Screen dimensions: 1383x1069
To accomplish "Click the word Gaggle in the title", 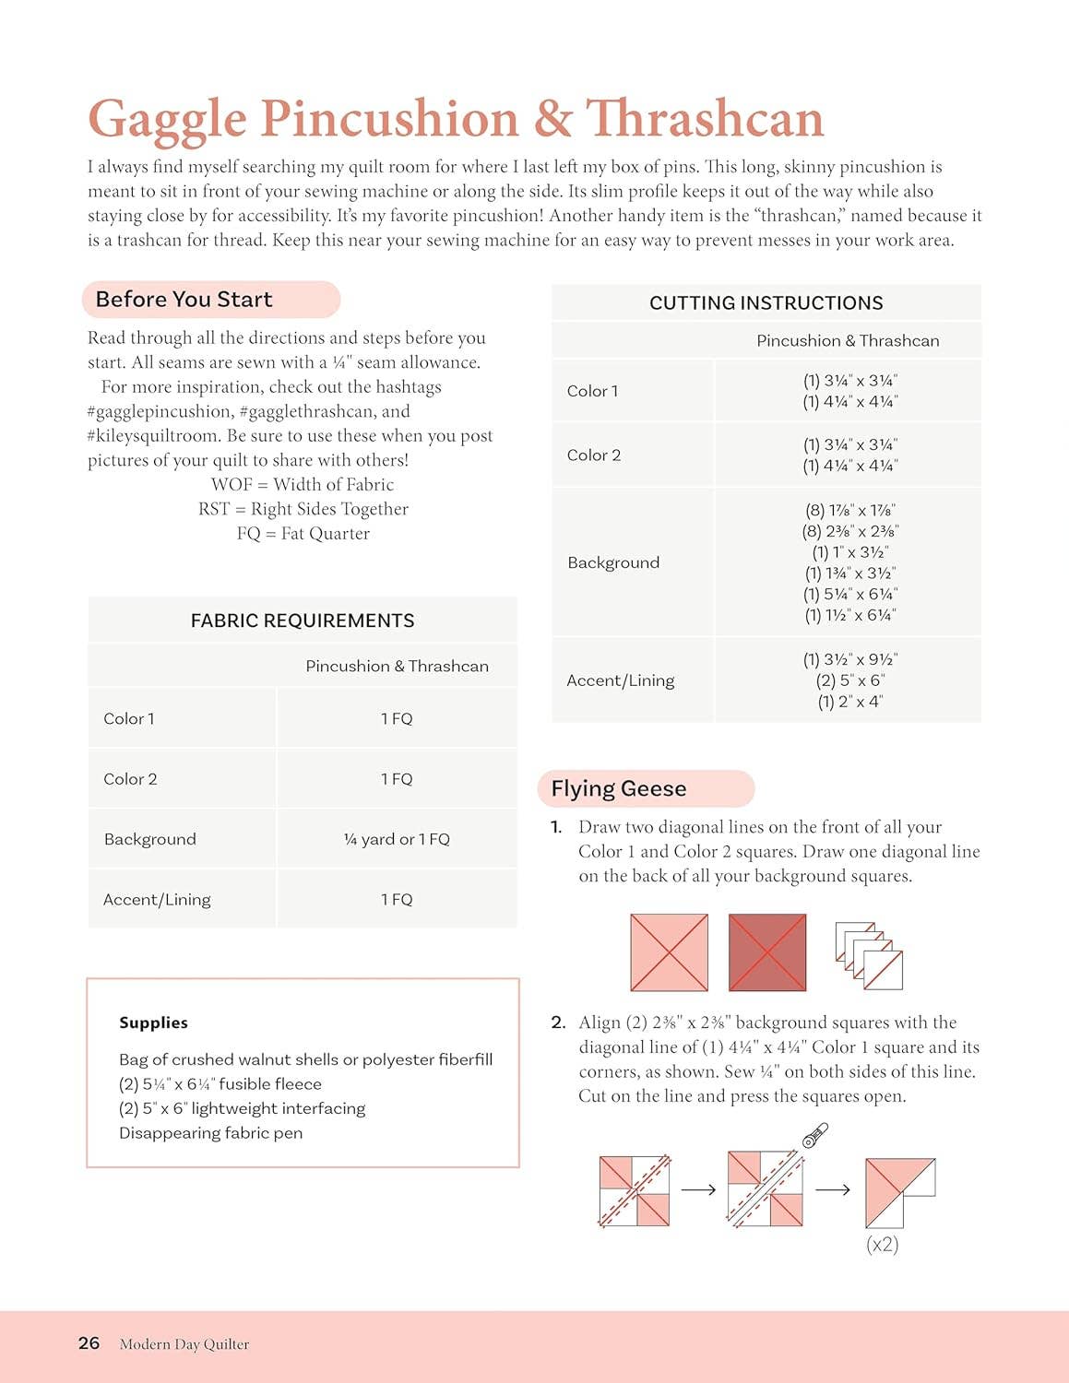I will [167, 120].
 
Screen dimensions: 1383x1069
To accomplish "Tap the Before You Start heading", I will [184, 300].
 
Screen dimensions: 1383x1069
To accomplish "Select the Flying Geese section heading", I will [618, 788].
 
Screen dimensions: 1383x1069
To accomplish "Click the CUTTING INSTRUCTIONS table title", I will [766, 303].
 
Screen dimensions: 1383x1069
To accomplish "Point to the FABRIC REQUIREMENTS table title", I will [302, 621].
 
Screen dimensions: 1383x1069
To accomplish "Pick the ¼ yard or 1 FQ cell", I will [397, 839].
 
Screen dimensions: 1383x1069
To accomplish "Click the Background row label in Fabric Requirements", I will [149, 839].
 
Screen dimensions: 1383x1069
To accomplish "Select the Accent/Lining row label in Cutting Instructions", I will [620, 680].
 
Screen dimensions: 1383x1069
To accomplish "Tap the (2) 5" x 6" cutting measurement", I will [849, 680].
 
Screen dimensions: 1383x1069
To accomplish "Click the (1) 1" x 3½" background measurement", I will [849, 552].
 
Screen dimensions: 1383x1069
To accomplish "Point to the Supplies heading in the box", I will [153, 1022].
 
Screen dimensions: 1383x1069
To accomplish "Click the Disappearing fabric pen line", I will [210, 1133].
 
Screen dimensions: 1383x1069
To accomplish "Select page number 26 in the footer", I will [89, 1343].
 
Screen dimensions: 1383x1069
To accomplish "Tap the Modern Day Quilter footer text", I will [184, 1344].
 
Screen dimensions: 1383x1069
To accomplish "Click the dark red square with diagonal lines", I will [766, 952].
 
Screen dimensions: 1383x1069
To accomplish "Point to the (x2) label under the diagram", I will [882, 1245].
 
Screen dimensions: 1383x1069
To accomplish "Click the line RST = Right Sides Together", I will [303, 509].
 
